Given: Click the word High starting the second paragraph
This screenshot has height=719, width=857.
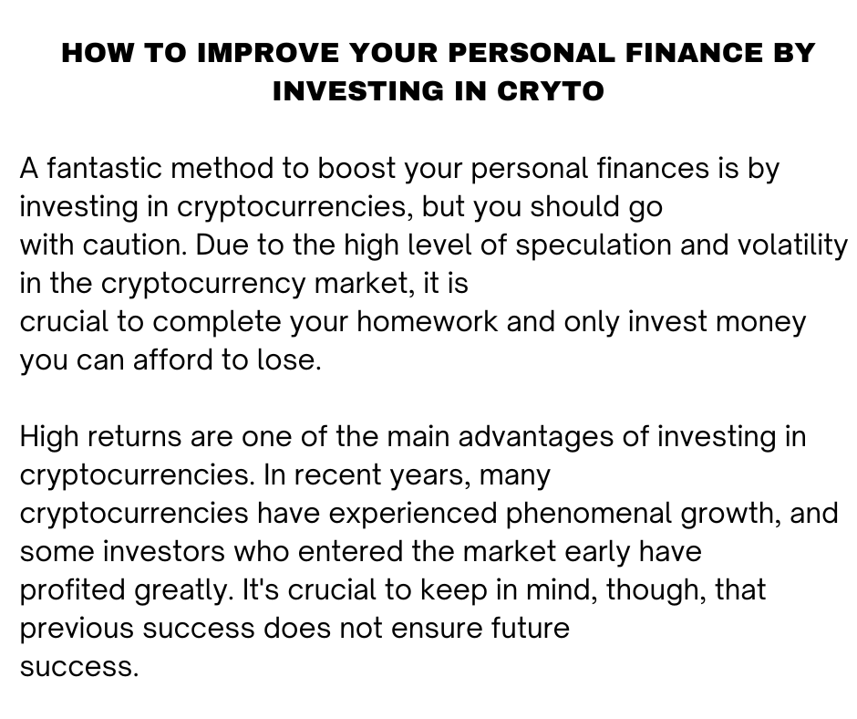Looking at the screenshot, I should pos(50,437).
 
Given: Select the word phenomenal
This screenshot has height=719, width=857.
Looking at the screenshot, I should pos(589,514).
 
